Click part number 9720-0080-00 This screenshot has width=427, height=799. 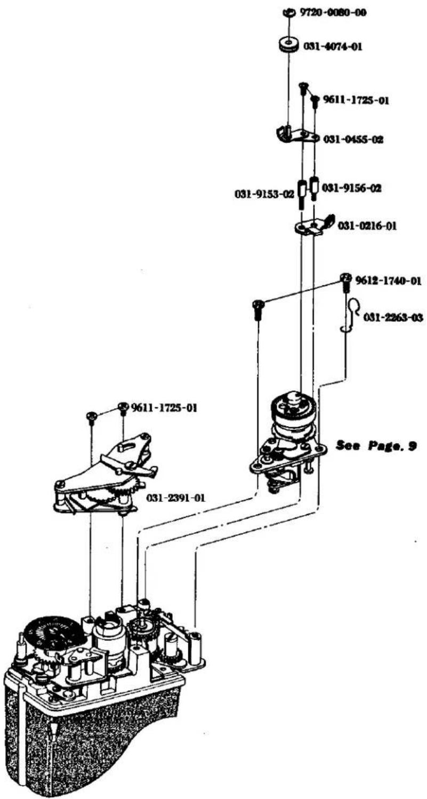pyautogui.click(x=328, y=13)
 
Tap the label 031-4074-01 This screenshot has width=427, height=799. pyautogui.click(x=333, y=46)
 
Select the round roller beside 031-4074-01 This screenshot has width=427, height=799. pyautogui.click(x=288, y=45)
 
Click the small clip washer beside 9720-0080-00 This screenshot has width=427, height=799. pyautogui.click(x=288, y=12)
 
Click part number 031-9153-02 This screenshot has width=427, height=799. pyautogui.click(x=264, y=194)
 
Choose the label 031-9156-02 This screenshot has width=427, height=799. pyautogui.click(x=351, y=188)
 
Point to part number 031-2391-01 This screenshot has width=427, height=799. pyautogui.click(x=176, y=497)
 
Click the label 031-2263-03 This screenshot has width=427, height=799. pyautogui.click(x=393, y=317)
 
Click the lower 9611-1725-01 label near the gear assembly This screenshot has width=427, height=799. pyautogui.click(x=164, y=407)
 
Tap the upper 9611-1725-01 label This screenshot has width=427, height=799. pyautogui.click(x=356, y=100)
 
